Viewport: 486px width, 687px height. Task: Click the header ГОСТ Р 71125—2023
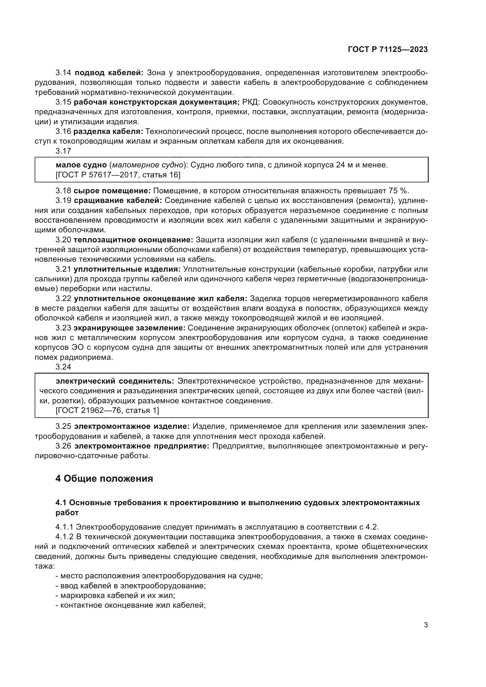(388, 49)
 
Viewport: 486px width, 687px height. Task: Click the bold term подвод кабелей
(109, 73)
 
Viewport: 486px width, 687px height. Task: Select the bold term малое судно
(81, 165)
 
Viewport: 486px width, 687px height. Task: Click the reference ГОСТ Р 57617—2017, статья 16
(118, 174)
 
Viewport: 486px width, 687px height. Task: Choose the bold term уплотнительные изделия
(127, 269)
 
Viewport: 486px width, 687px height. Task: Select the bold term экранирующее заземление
(129, 328)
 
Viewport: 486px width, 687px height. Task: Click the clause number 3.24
(63, 367)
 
